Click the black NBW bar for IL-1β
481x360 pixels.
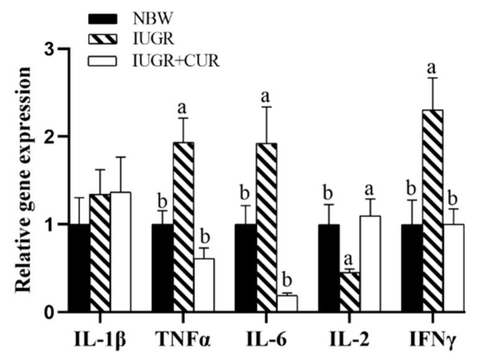79,268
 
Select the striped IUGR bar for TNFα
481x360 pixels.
183,227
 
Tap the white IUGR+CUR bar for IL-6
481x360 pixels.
287,304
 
